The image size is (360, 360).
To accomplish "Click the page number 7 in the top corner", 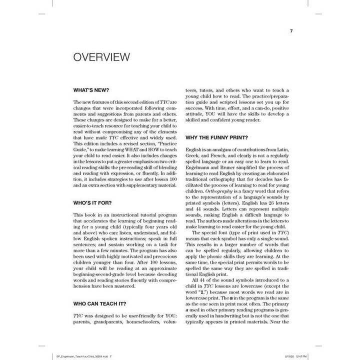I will (291, 31).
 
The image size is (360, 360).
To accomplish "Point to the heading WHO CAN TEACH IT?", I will (99, 303).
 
